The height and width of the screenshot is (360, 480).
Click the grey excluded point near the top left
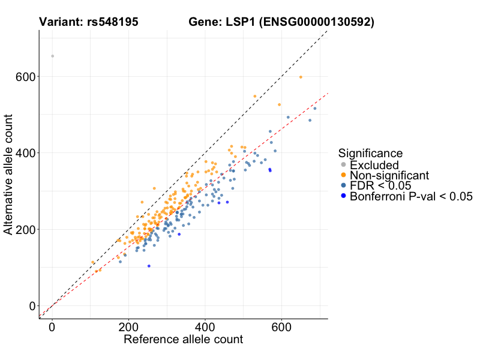(x=52, y=56)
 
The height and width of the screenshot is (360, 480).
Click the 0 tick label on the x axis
(x=52, y=328)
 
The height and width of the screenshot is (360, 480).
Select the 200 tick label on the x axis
(x=128, y=328)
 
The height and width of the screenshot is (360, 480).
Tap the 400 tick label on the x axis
(x=205, y=328)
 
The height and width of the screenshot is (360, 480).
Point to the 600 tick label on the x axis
(x=281, y=328)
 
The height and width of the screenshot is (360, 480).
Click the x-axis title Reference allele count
(x=183, y=340)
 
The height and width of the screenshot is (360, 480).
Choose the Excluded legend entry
(x=374, y=164)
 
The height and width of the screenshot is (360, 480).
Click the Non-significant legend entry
(x=389, y=175)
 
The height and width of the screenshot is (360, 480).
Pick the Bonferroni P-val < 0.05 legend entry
(x=411, y=196)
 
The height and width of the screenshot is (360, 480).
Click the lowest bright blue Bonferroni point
(x=149, y=266)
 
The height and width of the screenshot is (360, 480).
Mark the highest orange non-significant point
(x=301, y=77)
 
